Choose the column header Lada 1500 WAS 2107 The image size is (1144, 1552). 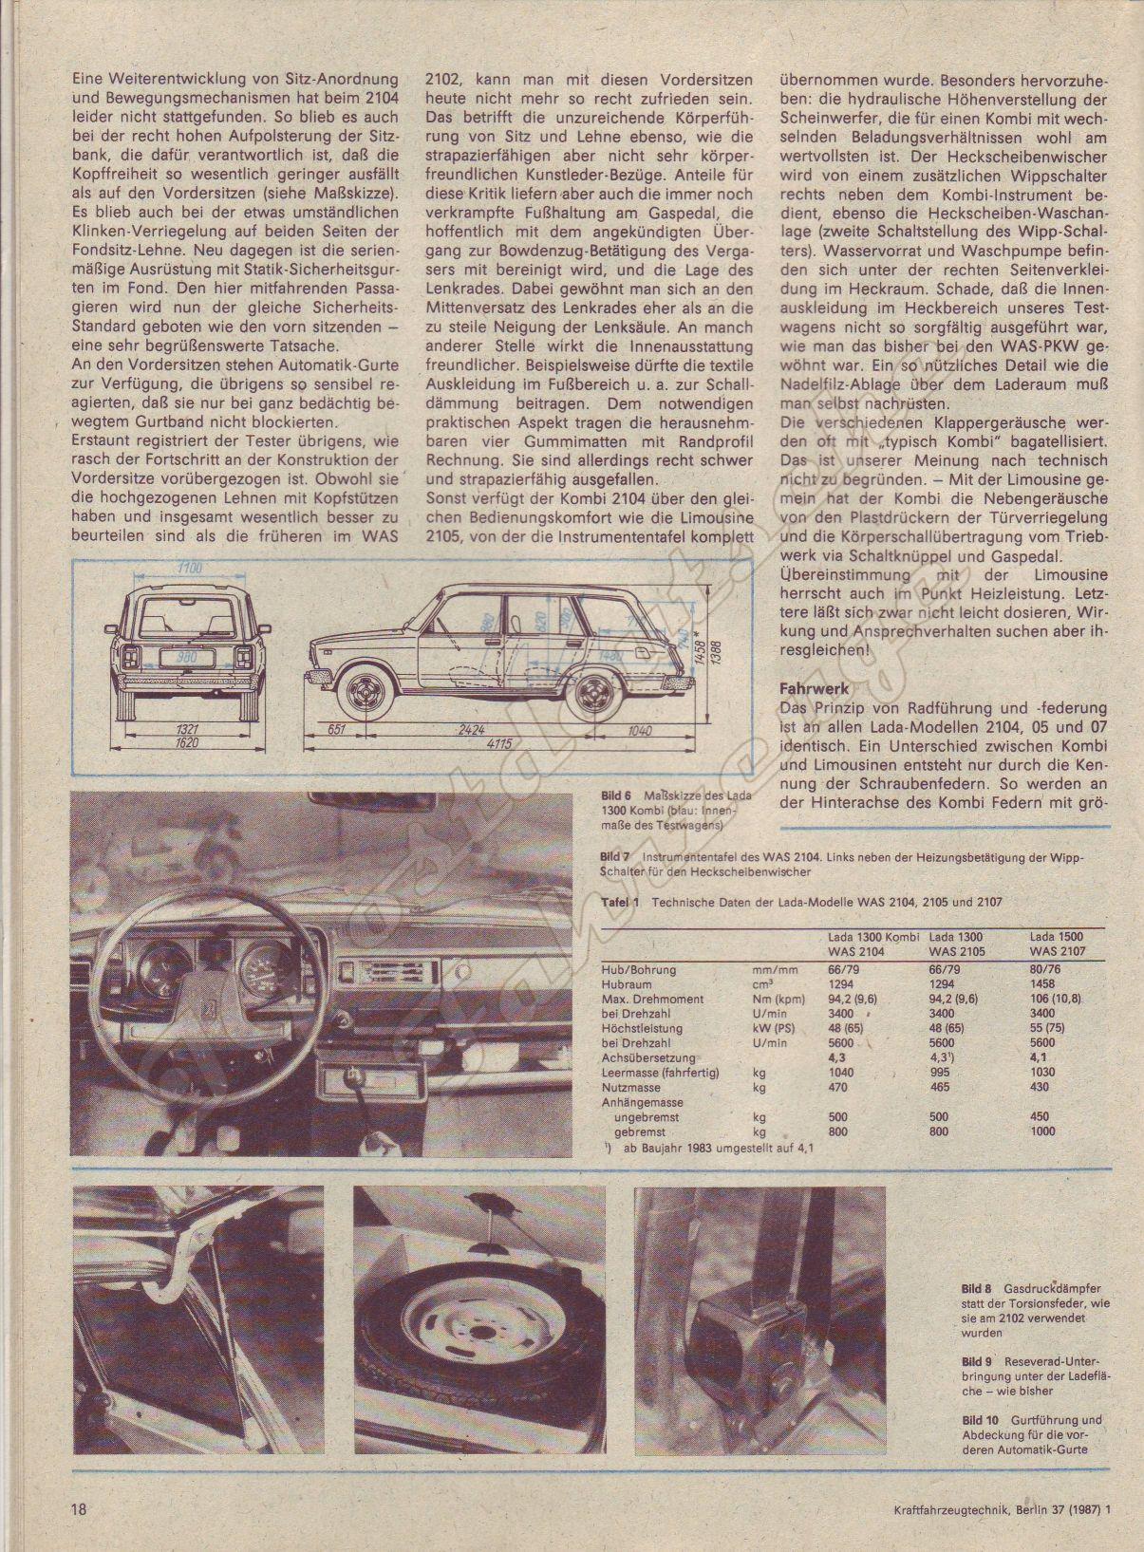pyautogui.click(x=1057, y=943)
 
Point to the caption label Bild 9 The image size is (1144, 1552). pyautogui.click(x=976, y=1361)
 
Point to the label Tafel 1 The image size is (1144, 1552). pyautogui.click(x=621, y=903)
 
